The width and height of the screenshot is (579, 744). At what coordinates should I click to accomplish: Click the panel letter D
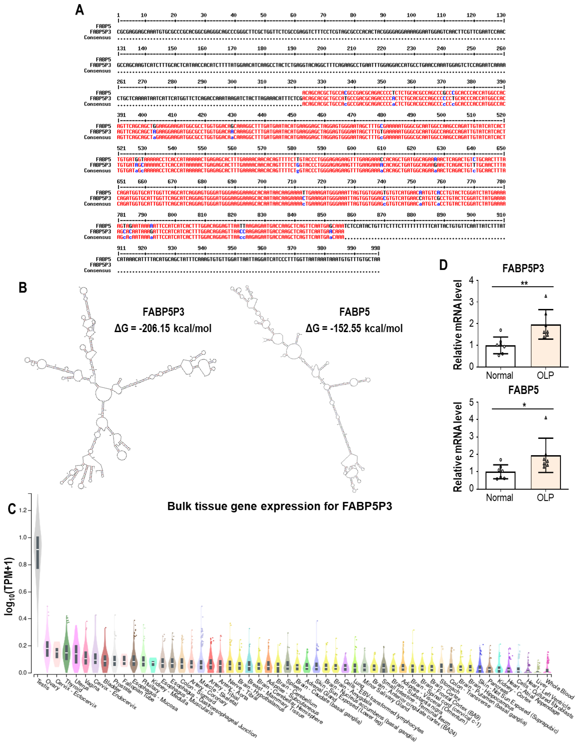tap(443, 265)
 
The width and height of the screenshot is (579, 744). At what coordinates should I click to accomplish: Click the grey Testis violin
tap(38, 559)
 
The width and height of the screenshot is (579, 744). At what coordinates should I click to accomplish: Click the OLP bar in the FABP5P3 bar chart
tap(546, 346)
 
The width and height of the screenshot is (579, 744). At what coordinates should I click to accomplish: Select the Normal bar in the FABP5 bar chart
tap(500, 480)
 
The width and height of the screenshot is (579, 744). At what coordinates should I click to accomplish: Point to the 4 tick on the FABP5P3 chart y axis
tap(471, 280)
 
